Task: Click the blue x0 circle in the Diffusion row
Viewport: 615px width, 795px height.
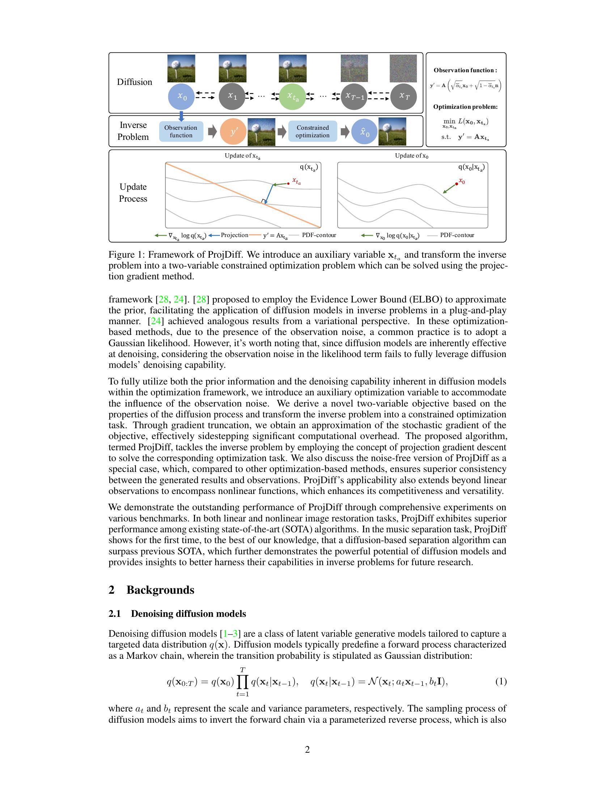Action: pyautogui.click(x=182, y=96)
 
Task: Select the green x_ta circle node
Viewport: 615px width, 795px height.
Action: pyautogui.click(x=292, y=96)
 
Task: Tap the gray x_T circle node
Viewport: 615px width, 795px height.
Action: pyautogui.click(x=403, y=96)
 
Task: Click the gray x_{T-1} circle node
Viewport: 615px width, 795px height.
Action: pyautogui.click(x=354, y=96)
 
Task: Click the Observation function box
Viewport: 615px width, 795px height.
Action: pyautogui.click(x=181, y=132)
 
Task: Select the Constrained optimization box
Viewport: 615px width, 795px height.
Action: pyautogui.click(x=312, y=132)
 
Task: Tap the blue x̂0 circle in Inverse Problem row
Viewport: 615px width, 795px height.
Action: pyautogui.click(x=364, y=132)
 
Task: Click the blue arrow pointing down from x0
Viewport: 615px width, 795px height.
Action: pyautogui.click(x=181, y=116)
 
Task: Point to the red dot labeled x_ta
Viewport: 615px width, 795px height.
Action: pyautogui.click(x=289, y=184)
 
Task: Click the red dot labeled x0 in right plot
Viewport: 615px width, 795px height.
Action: pyautogui.click(x=457, y=184)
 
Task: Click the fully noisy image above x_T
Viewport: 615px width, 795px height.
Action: pyautogui.click(x=403, y=68)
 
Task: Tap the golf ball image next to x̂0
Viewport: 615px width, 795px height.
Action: pyautogui.click(x=392, y=132)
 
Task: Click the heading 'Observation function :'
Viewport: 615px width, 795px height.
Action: pyautogui.click(x=465, y=70)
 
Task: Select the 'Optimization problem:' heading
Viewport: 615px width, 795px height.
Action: pyautogui.click(x=465, y=107)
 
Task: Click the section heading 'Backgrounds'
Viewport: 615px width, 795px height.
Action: pyautogui.click(x=160, y=590)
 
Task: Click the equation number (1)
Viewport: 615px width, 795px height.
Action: pyautogui.click(x=501, y=682)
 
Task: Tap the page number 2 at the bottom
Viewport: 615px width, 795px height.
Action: pyautogui.click(x=307, y=749)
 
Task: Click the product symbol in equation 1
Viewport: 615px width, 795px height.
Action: pyautogui.click(x=243, y=682)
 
